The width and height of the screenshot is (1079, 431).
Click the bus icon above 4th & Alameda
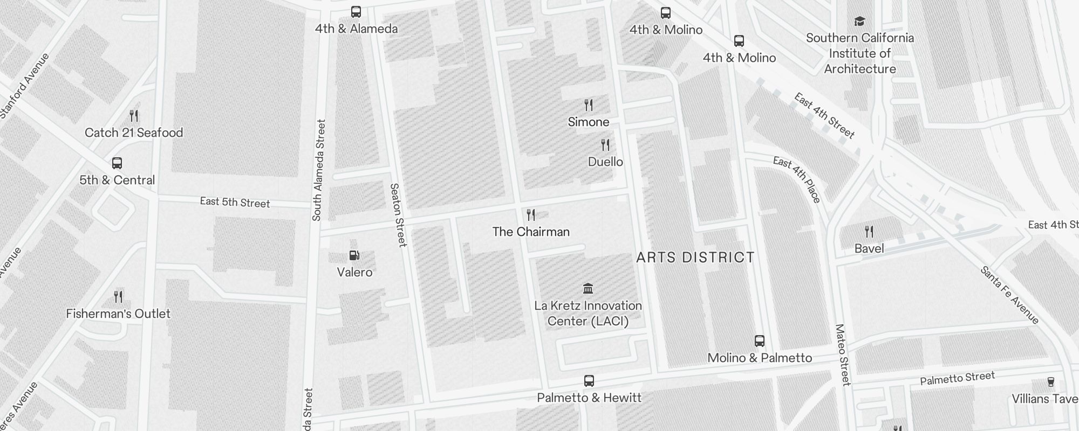(x=356, y=12)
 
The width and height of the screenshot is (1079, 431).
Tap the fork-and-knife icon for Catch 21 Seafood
(x=134, y=116)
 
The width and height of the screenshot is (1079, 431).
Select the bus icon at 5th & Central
(x=117, y=163)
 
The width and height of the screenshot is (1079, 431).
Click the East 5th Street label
(x=235, y=203)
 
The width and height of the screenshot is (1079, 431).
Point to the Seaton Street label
(x=398, y=215)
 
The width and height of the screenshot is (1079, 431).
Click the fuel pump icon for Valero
(x=354, y=255)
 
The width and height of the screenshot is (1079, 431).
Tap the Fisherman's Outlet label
(x=118, y=314)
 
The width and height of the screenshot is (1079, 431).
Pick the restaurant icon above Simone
(x=589, y=105)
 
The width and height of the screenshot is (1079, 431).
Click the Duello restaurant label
(x=605, y=162)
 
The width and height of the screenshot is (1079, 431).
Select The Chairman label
(x=531, y=232)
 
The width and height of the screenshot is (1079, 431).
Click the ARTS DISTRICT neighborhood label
(x=695, y=258)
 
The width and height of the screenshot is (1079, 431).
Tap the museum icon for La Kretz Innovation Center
(x=588, y=289)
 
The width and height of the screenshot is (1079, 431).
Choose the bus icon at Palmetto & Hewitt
(x=589, y=381)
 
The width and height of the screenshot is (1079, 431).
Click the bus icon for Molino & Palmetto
(x=760, y=341)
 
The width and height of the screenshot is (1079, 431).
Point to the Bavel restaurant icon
(x=869, y=232)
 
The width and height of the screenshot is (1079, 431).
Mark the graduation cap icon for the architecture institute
(x=859, y=22)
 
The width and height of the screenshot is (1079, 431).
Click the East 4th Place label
(x=797, y=179)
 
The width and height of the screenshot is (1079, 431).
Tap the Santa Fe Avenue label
(x=1009, y=295)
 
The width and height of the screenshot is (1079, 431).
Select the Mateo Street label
(x=842, y=354)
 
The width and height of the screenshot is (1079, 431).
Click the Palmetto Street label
(x=957, y=378)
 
